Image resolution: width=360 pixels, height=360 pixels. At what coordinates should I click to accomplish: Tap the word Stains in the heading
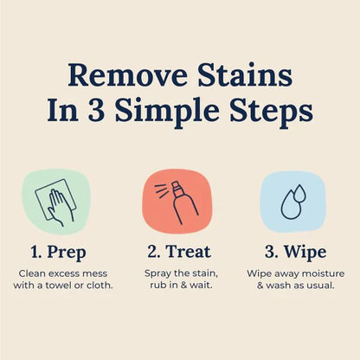pos(243,75)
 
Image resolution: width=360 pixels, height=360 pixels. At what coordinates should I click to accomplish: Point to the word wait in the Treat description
pos(202,286)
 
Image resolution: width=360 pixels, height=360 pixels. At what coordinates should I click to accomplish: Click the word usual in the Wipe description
pos(320,286)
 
